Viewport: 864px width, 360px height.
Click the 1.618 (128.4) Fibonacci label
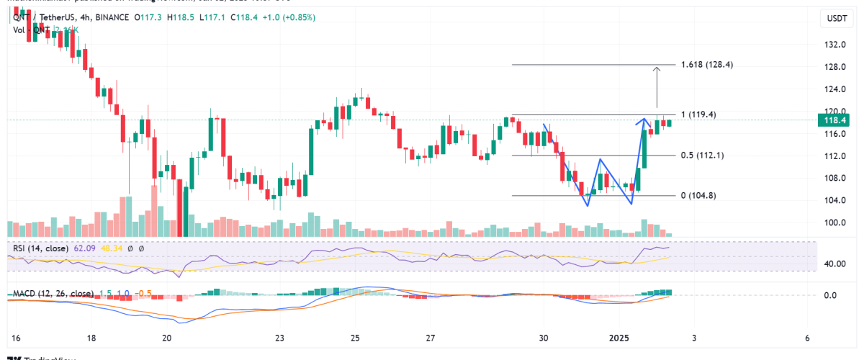[x=711, y=65]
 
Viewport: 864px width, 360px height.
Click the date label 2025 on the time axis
[x=620, y=338]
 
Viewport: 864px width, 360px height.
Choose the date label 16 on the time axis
[x=17, y=338]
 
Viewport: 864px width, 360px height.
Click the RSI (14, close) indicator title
[x=41, y=248]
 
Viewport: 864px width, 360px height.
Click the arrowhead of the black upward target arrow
[x=657, y=69]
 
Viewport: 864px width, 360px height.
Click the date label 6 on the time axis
[x=807, y=338]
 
